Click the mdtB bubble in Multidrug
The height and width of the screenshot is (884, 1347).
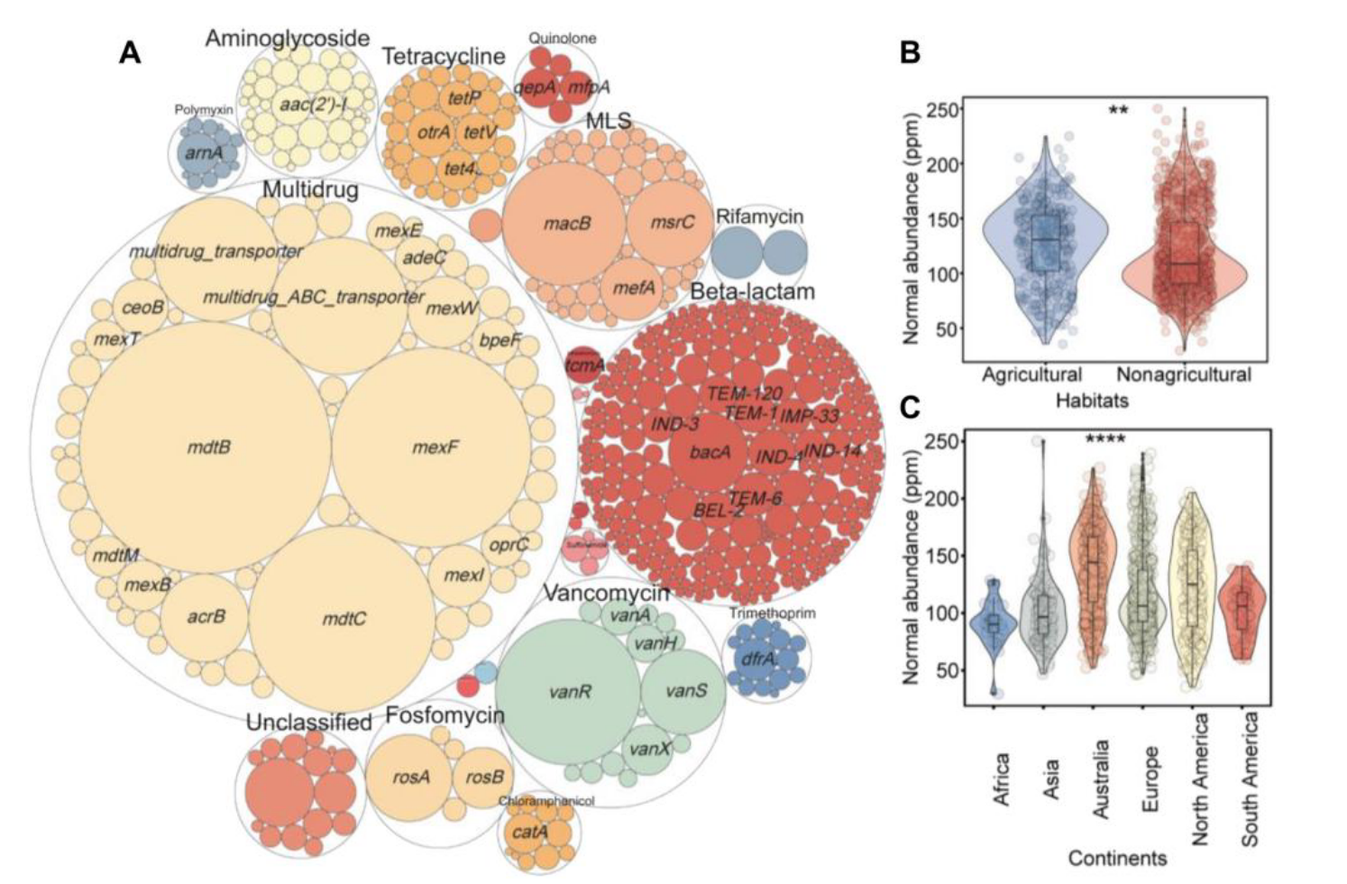[x=208, y=446]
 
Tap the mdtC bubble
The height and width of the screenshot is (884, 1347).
[x=344, y=619]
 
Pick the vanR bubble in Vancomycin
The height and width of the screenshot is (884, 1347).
[x=569, y=692]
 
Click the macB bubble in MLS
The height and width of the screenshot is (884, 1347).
[x=566, y=223]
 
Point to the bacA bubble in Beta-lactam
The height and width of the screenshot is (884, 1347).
[x=710, y=452]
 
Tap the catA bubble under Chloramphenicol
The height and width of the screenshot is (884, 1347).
[x=529, y=832]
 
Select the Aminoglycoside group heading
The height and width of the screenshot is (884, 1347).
[x=288, y=38]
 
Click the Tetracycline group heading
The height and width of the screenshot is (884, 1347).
[x=443, y=56]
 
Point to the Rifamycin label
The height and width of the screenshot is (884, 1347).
[x=758, y=216]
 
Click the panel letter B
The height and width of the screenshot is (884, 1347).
[x=911, y=52]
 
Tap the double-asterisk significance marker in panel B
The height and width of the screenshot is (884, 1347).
[x=1118, y=111]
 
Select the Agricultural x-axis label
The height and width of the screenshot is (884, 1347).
[x=1031, y=373]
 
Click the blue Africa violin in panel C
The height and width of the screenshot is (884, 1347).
[x=994, y=622]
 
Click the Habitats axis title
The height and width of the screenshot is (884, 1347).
[x=1092, y=398]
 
